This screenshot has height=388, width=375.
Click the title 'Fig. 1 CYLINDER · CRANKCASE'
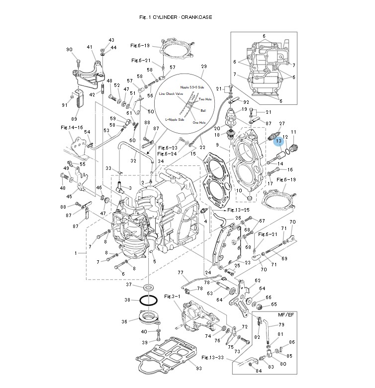[176, 17]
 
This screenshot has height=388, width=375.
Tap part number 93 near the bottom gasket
[199, 368]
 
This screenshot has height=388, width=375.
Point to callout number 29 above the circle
[203, 67]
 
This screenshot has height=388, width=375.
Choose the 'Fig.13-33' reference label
[212, 357]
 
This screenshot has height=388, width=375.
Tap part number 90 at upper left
[69, 49]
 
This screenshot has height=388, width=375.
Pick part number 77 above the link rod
[181, 273]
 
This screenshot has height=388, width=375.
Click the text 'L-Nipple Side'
[175, 119]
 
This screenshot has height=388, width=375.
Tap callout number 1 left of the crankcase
[76, 253]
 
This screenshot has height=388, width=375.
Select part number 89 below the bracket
[74, 119]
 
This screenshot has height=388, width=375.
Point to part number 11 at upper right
[293, 132]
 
